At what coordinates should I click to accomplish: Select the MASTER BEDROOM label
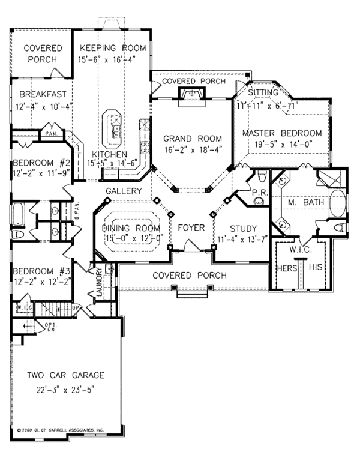pos(281,133)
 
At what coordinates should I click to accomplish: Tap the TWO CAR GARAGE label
pos(65,375)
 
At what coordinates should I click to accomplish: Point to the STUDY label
pos(243,229)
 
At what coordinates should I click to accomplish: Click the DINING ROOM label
pos(131,229)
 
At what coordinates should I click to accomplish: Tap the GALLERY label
pos(124,191)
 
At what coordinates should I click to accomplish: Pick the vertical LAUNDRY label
pos(99,284)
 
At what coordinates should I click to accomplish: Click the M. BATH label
pos(305,203)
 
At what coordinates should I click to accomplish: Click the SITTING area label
pos(263,92)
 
